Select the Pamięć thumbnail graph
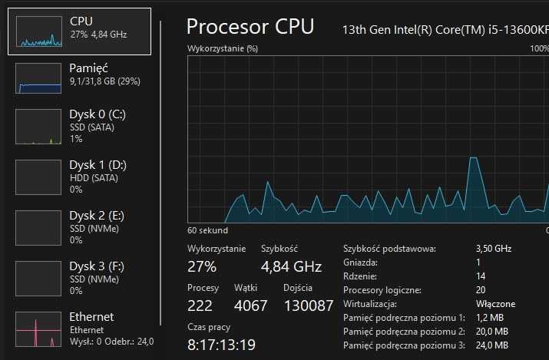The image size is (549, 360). tap(38, 79)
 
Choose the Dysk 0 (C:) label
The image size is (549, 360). tap(97, 114)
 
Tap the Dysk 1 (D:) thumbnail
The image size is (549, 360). tap(38, 177)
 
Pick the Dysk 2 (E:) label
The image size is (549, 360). tap(97, 216)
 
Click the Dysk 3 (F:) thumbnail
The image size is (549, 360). tap(38, 279)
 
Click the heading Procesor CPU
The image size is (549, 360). tap(250, 27)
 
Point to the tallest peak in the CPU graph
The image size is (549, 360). tap(471, 158)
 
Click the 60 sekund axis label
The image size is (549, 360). tap(207, 230)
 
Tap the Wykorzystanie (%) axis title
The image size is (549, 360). tap(223, 48)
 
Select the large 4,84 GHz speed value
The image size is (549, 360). tap(291, 267)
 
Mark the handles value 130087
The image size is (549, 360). tap(308, 306)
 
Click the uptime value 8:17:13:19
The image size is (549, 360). tap(222, 345)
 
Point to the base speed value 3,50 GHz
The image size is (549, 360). tap(493, 249)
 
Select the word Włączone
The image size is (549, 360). tap(495, 304)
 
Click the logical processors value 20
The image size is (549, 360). tap(481, 290)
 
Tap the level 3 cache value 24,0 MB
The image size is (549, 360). tap(491, 345)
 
